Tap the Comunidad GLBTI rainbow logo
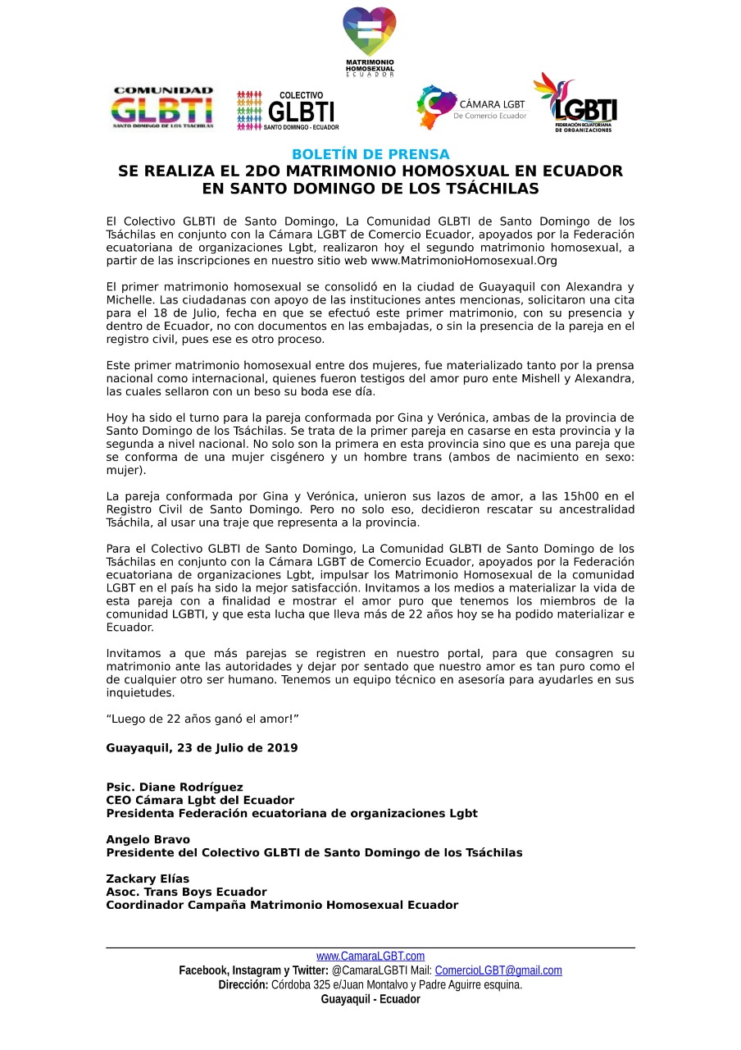point(162,108)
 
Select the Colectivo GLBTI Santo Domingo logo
point(288,111)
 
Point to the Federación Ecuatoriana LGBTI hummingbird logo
point(575,103)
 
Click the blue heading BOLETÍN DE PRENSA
point(370,154)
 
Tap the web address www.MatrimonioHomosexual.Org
point(464,261)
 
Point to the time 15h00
point(563,496)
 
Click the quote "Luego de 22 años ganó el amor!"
point(202,719)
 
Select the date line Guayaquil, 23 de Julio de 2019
point(202,748)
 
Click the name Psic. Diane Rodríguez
point(175,787)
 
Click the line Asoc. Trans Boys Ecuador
point(186,892)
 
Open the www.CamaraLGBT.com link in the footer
point(370,956)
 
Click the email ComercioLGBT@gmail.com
point(498,970)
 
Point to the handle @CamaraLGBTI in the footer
point(366,970)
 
